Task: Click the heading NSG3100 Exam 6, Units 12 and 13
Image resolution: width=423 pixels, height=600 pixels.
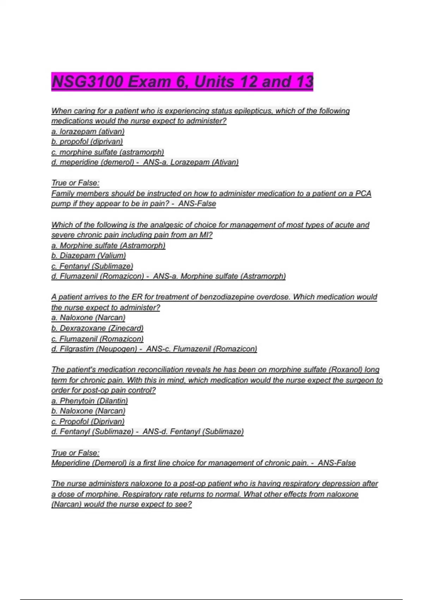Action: click(x=182, y=82)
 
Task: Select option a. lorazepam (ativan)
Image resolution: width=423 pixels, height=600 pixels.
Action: click(x=88, y=131)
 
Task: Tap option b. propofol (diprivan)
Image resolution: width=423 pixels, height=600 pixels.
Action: click(x=87, y=142)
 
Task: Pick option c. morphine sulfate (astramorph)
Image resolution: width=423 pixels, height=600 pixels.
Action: click(x=108, y=152)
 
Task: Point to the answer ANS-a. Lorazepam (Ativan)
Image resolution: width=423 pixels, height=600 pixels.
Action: click(x=191, y=162)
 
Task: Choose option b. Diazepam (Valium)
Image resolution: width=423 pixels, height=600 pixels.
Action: click(x=88, y=256)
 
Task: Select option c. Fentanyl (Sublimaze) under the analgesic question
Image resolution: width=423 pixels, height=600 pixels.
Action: click(x=92, y=266)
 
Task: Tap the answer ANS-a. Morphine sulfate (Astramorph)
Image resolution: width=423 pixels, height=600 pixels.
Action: click(x=219, y=276)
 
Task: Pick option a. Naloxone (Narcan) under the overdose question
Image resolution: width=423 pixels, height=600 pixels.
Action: click(x=88, y=318)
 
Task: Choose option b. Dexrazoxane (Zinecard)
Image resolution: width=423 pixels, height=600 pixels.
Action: click(x=97, y=328)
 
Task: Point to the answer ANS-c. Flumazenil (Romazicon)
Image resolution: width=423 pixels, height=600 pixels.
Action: click(x=201, y=349)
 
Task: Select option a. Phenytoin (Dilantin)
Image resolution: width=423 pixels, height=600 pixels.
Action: click(x=90, y=401)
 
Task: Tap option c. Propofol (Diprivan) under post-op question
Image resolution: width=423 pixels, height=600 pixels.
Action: click(x=88, y=421)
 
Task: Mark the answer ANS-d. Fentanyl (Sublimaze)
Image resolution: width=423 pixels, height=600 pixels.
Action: click(x=193, y=432)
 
